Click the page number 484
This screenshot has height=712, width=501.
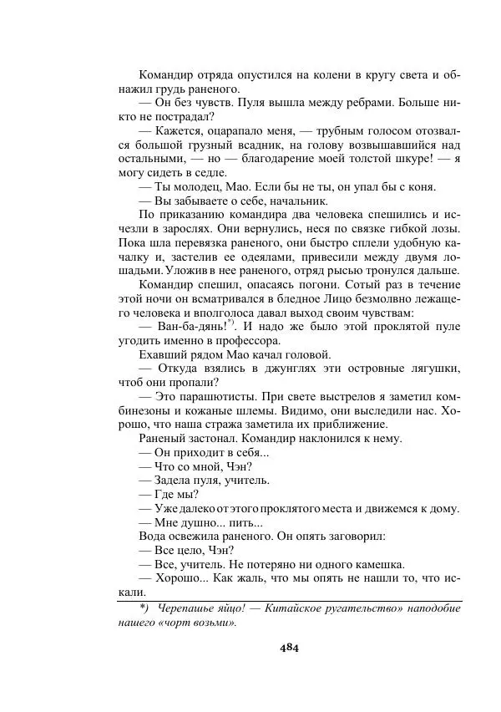pos(290,647)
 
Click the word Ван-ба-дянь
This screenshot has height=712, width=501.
pos(188,326)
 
